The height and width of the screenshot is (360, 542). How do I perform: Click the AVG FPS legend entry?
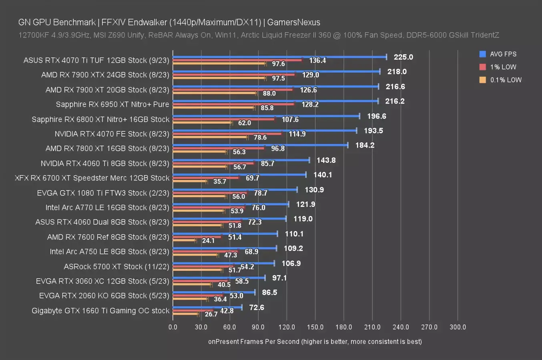(503, 54)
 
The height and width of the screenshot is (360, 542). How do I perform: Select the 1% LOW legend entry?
(503, 67)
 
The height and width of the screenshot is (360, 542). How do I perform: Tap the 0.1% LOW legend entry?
(506, 80)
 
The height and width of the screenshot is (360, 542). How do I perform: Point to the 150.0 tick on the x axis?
(315, 327)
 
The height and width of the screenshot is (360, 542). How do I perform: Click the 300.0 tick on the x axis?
(458, 327)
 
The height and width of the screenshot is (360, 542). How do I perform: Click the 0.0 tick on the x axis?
(173, 327)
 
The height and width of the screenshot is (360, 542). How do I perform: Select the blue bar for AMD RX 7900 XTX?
(276, 72)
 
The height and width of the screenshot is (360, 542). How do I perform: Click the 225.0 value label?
(403, 57)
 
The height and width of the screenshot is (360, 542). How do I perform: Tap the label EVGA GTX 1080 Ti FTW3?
(103, 193)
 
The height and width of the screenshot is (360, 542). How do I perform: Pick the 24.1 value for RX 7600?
(208, 241)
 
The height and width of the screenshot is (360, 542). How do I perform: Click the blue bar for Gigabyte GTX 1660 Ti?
(207, 307)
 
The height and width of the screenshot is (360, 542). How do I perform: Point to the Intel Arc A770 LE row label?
(107, 208)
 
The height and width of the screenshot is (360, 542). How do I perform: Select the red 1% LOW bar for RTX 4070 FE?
(227, 133)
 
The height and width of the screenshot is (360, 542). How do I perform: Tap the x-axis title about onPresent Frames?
(315, 342)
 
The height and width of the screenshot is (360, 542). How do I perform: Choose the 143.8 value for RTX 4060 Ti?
(326, 160)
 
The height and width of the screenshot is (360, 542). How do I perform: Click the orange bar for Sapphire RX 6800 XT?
(202, 122)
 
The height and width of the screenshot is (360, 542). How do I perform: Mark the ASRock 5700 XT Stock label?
(116, 266)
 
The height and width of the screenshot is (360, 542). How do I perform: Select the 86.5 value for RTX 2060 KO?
(269, 292)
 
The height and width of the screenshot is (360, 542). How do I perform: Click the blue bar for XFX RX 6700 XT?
(239, 175)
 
